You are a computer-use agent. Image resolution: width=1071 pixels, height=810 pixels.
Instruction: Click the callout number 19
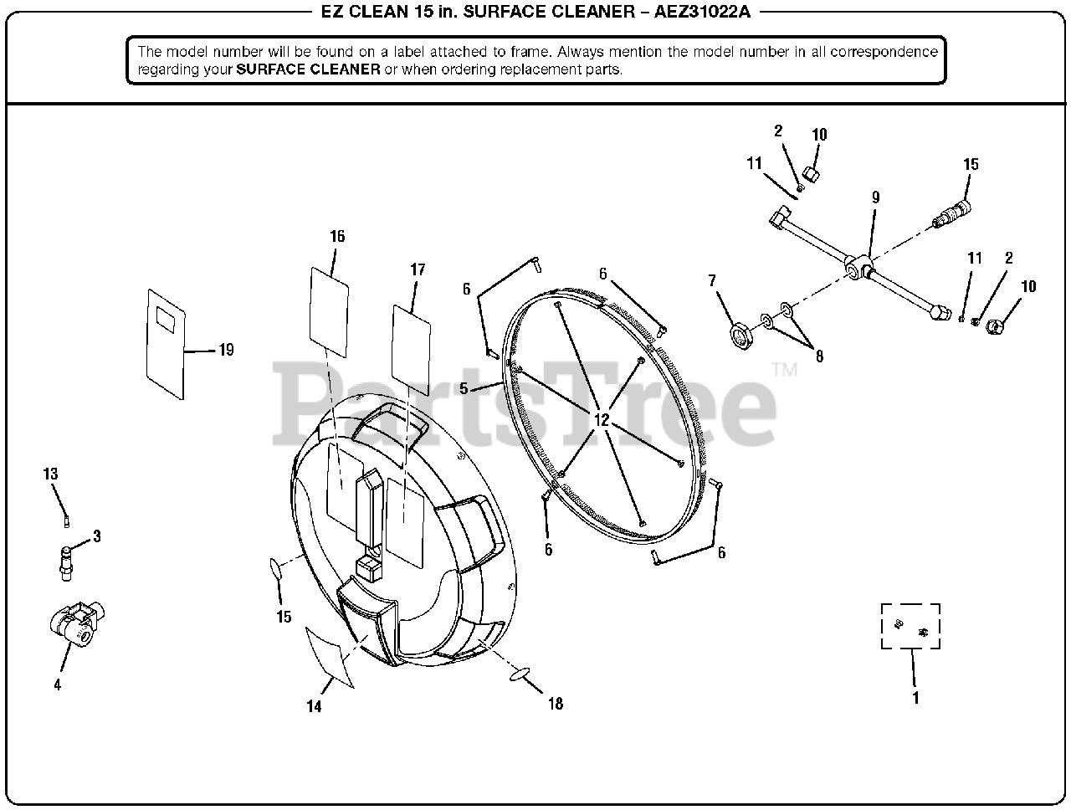tap(226, 350)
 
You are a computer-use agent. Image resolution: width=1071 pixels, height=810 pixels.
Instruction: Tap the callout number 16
tap(337, 237)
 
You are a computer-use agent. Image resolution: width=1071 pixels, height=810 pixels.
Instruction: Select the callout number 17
tap(418, 269)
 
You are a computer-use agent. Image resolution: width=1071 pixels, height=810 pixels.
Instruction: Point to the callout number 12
tap(602, 420)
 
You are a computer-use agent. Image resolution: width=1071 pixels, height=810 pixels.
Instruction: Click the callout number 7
tap(712, 281)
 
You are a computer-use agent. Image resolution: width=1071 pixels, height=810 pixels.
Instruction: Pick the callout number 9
tap(875, 197)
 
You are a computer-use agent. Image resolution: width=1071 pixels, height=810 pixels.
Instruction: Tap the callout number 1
tap(915, 698)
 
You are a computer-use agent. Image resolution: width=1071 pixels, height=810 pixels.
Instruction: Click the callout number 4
tap(57, 684)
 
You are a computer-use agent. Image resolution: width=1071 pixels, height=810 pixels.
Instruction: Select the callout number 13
tap(51, 474)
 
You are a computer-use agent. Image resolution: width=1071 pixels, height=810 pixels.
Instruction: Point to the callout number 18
tap(556, 704)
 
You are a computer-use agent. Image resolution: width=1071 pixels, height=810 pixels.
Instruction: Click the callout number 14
tap(313, 706)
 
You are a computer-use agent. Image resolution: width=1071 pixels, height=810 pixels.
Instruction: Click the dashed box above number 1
tap(910, 626)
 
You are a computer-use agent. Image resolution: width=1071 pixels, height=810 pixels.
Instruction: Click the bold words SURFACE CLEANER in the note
tap(308, 69)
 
